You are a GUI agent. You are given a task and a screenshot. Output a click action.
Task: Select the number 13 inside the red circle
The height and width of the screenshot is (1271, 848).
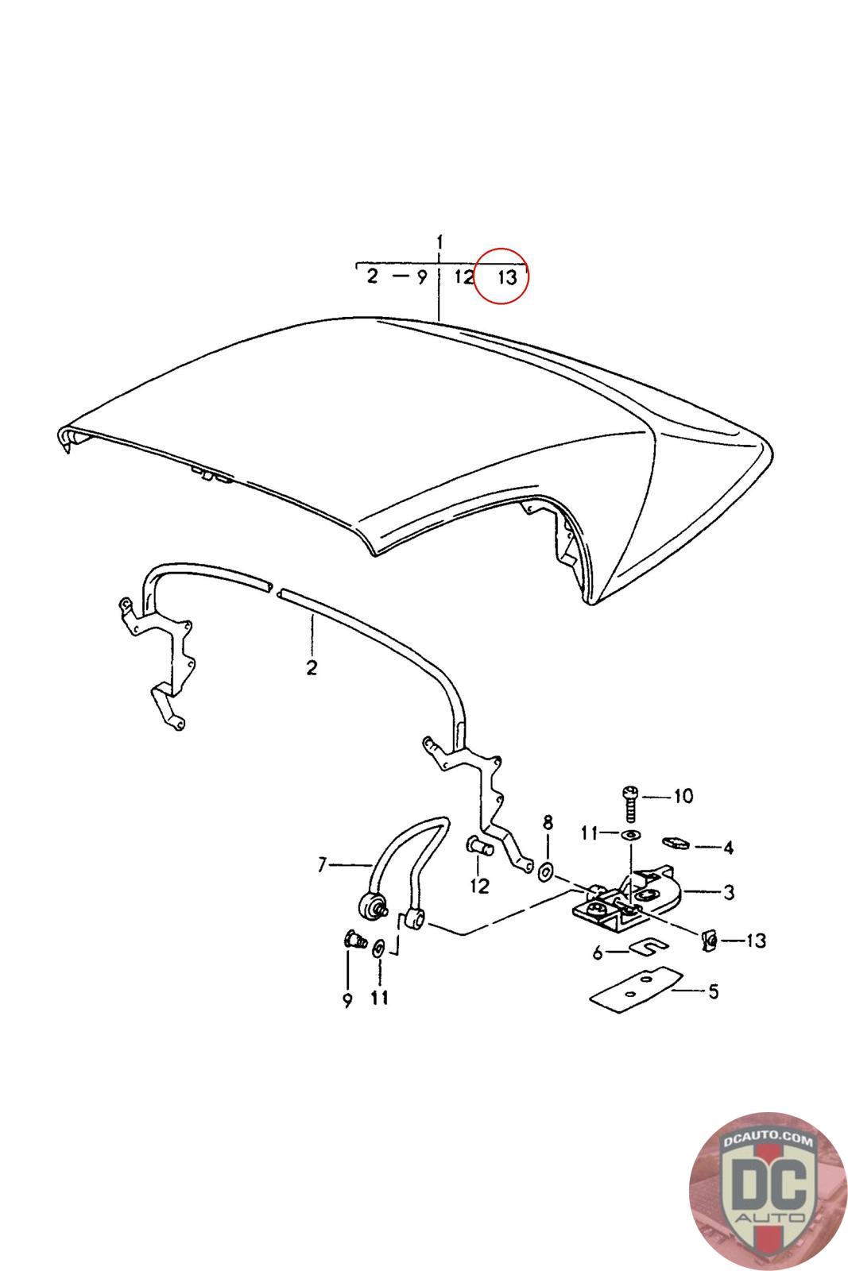(x=506, y=277)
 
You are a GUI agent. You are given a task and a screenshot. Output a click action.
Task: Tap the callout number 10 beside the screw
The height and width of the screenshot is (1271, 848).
(x=683, y=796)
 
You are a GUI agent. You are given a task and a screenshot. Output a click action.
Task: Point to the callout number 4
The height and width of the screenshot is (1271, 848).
(x=728, y=848)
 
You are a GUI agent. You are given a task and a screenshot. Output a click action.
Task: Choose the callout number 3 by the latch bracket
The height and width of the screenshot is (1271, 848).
(x=728, y=892)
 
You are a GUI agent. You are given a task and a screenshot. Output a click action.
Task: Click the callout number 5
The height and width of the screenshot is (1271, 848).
(x=713, y=991)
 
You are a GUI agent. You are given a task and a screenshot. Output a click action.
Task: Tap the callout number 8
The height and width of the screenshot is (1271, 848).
(x=547, y=821)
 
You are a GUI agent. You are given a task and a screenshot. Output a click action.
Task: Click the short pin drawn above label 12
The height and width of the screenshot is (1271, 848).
(x=479, y=848)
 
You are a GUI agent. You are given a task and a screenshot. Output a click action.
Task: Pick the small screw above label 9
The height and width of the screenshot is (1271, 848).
(x=352, y=941)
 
